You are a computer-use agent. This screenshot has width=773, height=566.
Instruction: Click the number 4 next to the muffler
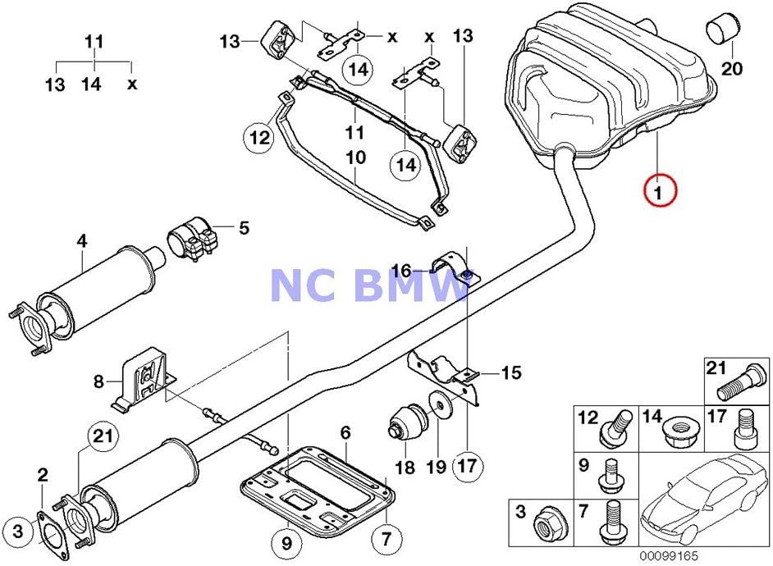(81, 241)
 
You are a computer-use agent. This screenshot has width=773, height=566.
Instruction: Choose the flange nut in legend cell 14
(676, 427)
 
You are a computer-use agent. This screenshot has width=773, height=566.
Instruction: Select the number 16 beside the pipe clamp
(401, 270)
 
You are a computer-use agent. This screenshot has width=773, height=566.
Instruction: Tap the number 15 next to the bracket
(510, 373)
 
